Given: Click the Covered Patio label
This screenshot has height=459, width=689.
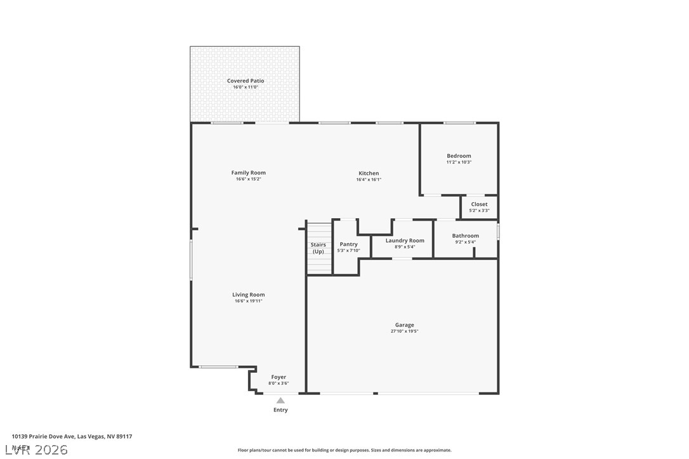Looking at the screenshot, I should pos(246,81).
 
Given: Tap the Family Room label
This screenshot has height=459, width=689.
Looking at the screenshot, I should pos(248,172).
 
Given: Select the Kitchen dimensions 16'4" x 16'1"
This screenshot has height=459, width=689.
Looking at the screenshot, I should pos(369,179).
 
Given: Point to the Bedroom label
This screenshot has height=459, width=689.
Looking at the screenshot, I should pos(459,156).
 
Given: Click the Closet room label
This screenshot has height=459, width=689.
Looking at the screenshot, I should pos(479,204).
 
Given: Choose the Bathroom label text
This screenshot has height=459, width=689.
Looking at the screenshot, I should pos(465,236).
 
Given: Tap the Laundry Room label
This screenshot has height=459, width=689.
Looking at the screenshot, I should pos(405,240).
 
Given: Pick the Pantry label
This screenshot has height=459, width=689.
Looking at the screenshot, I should pos(348,244).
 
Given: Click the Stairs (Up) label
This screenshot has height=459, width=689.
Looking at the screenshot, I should pos(318,248).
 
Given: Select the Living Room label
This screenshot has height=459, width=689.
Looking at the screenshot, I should pos(248,294).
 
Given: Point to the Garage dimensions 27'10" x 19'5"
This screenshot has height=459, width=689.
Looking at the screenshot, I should pos(404,331).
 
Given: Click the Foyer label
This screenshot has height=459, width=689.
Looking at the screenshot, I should pos(279,377).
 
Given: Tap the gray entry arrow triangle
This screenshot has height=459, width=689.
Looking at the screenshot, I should pos(280,400).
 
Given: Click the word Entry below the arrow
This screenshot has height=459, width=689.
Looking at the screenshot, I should pos(280,410).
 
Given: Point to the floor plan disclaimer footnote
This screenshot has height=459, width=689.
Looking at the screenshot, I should pos(344,450).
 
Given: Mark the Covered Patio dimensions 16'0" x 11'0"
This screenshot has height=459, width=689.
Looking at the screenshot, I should pos(246,87).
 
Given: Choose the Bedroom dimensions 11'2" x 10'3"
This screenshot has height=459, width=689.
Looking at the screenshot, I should pos(459,162).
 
